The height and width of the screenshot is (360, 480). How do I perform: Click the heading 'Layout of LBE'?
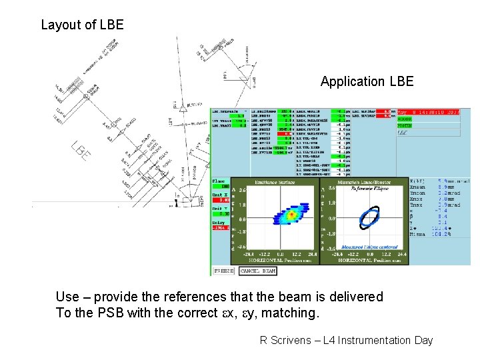click(82, 25)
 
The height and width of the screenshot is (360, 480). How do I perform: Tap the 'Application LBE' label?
click(367, 82)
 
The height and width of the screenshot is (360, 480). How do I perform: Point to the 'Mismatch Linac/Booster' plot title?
click(364, 181)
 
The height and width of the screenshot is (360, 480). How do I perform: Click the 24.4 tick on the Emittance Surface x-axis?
click(311, 254)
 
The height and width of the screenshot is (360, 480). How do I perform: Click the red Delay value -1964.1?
click(221, 228)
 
